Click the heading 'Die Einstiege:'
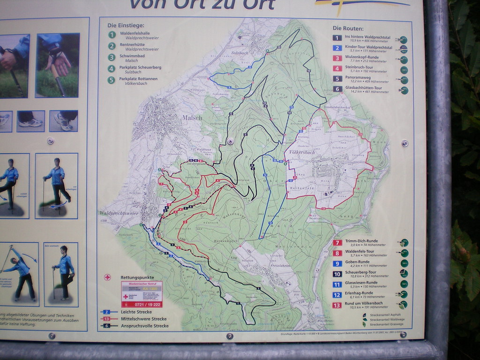(x=126, y=25)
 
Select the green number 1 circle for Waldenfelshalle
(x=112, y=35)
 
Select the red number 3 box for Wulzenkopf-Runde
(x=337, y=59)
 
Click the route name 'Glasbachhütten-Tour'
(x=363, y=88)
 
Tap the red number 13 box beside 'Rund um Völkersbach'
(x=337, y=305)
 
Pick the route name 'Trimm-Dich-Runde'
(x=361, y=241)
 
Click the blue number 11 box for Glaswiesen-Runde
(x=337, y=284)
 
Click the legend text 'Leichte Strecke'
(x=136, y=312)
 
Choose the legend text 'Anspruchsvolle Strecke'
(x=144, y=326)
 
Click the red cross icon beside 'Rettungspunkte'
(x=107, y=277)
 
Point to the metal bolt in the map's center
(x=230, y=141)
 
